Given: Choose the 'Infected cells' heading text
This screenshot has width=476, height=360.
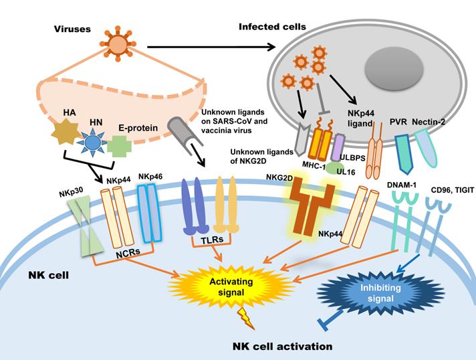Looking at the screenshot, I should [x=272, y=27].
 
